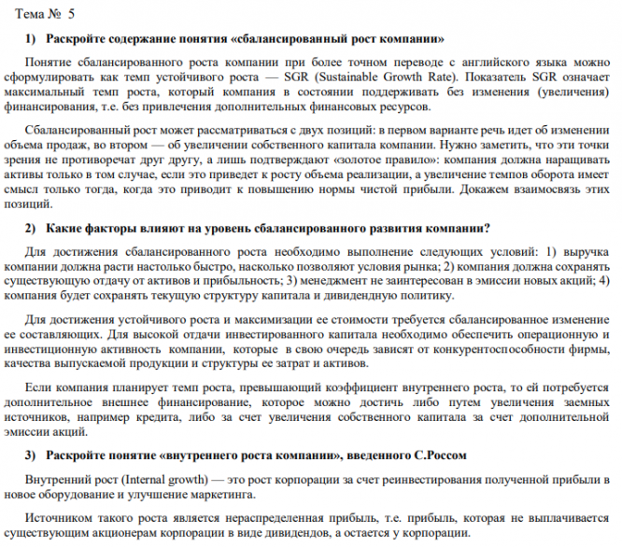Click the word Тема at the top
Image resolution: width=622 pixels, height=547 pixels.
point(29,13)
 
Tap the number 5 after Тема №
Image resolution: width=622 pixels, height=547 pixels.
point(72,13)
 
